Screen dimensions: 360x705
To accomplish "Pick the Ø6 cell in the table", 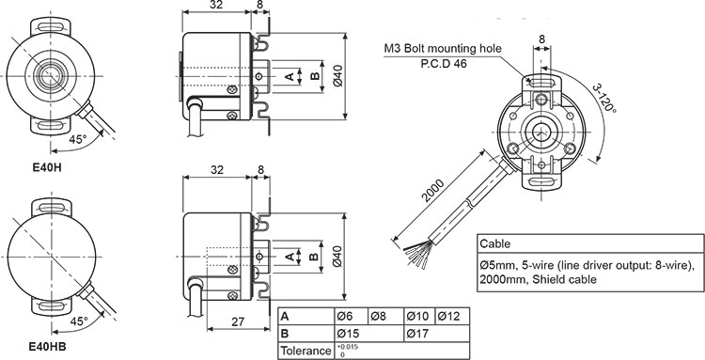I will (x=347, y=316).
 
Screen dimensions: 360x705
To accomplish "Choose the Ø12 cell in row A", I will (x=450, y=316).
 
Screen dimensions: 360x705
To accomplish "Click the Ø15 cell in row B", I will (x=349, y=333).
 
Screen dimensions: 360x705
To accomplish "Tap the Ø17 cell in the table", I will (x=418, y=333).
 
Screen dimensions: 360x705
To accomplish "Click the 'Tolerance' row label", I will (x=306, y=350).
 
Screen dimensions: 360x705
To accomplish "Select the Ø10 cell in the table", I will (x=418, y=316).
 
